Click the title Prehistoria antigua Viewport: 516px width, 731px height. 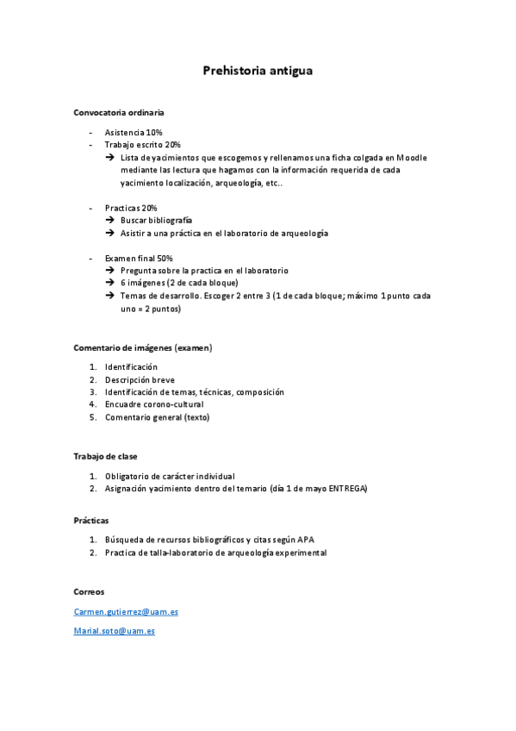pyautogui.click(x=257, y=71)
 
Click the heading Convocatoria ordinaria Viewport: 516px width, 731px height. pyautogui.click(x=118, y=113)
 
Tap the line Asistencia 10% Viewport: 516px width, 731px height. pyautogui.click(x=134, y=132)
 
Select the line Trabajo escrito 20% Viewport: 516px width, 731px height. pyautogui.click(x=143, y=145)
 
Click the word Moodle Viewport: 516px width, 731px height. pyautogui.click(x=412, y=158)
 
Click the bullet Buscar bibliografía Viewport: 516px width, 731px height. pyautogui.click(x=157, y=221)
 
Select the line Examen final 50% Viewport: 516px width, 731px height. pyautogui.click(x=139, y=258)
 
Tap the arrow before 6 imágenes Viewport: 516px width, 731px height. pyautogui.click(x=110, y=283)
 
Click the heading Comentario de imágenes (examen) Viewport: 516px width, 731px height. pyautogui.click(x=142, y=347)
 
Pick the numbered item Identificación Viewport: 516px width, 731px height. pyautogui.click(x=131, y=367)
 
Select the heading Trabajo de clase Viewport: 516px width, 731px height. pyautogui.click(x=105, y=456)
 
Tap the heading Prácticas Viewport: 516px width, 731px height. pyautogui.click(x=91, y=521)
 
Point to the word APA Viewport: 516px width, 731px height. pyautogui.click(x=306, y=540)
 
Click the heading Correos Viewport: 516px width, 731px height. pyautogui.click(x=90, y=592)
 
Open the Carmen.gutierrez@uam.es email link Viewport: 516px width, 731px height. pyautogui.click(x=126, y=612)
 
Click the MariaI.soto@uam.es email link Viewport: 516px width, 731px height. pyautogui.click(x=115, y=631)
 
